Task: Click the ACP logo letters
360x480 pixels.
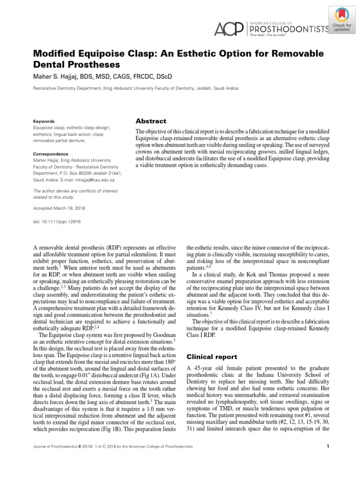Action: click(x=228, y=29)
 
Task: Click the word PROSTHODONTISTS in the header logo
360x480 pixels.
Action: click(x=289, y=29)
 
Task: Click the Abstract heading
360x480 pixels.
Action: click(x=150, y=121)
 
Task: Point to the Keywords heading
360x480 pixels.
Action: click(x=44, y=121)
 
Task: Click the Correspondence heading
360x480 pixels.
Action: click(x=51, y=154)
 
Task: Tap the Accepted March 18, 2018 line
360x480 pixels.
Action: click(x=59, y=208)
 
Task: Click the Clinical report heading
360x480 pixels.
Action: click(x=212, y=357)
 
